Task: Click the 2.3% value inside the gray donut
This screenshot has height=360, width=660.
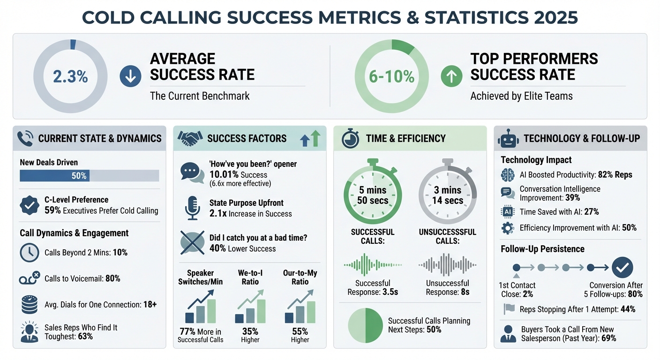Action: tap(70, 76)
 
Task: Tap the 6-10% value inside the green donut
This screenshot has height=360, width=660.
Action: tap(391, 76)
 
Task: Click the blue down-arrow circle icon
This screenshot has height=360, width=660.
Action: tap(130, 76)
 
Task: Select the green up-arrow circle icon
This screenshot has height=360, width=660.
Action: tap(451, 76)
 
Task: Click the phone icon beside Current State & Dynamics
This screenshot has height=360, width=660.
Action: tap(25, 138)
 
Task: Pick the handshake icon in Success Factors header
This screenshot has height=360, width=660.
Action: tap(188, 138)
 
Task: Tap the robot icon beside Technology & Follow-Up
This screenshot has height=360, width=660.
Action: tap(508, 138)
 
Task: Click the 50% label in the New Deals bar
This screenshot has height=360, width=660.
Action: tap(79, 176)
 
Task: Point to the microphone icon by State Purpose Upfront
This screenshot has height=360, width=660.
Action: tap(192, 209)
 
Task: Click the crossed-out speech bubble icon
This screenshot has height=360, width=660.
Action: tap(192, 243)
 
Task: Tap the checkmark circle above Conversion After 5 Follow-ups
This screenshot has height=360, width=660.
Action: tap(623, 268)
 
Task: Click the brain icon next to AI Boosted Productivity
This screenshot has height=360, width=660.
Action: tap(508, 175)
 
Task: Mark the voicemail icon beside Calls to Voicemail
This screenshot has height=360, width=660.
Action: tap(30, 278)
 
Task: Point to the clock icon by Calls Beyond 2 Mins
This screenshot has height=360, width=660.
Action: tap(30, 253)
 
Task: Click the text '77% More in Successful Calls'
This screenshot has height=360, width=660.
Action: tap(200, 336)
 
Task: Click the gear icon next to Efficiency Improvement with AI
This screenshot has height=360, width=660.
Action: tap(508, 228)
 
